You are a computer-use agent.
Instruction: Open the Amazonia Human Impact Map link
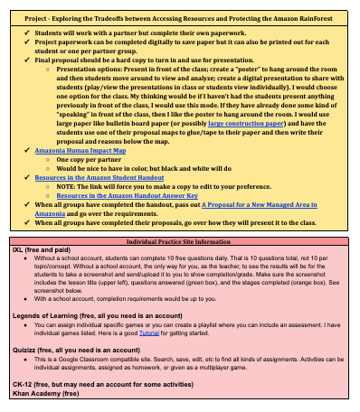[x=87, y=153]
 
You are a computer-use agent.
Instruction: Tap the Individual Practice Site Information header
[x=178, y=243]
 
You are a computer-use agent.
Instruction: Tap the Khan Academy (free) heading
[x=45, y=394]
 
